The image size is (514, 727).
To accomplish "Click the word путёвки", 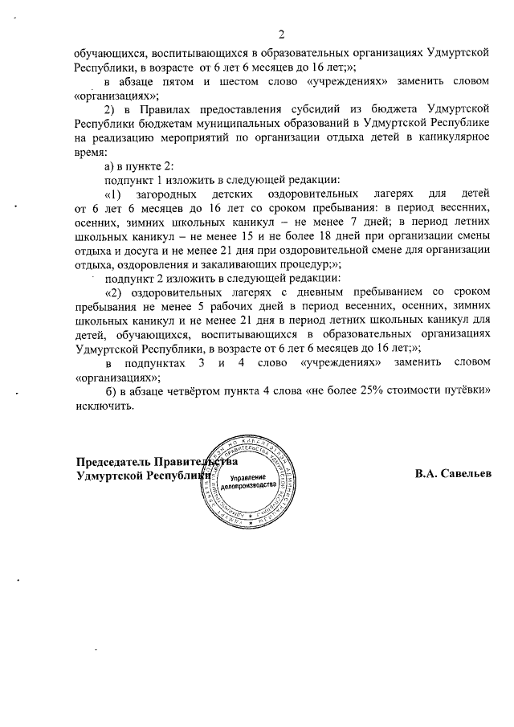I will click(467, 391).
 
